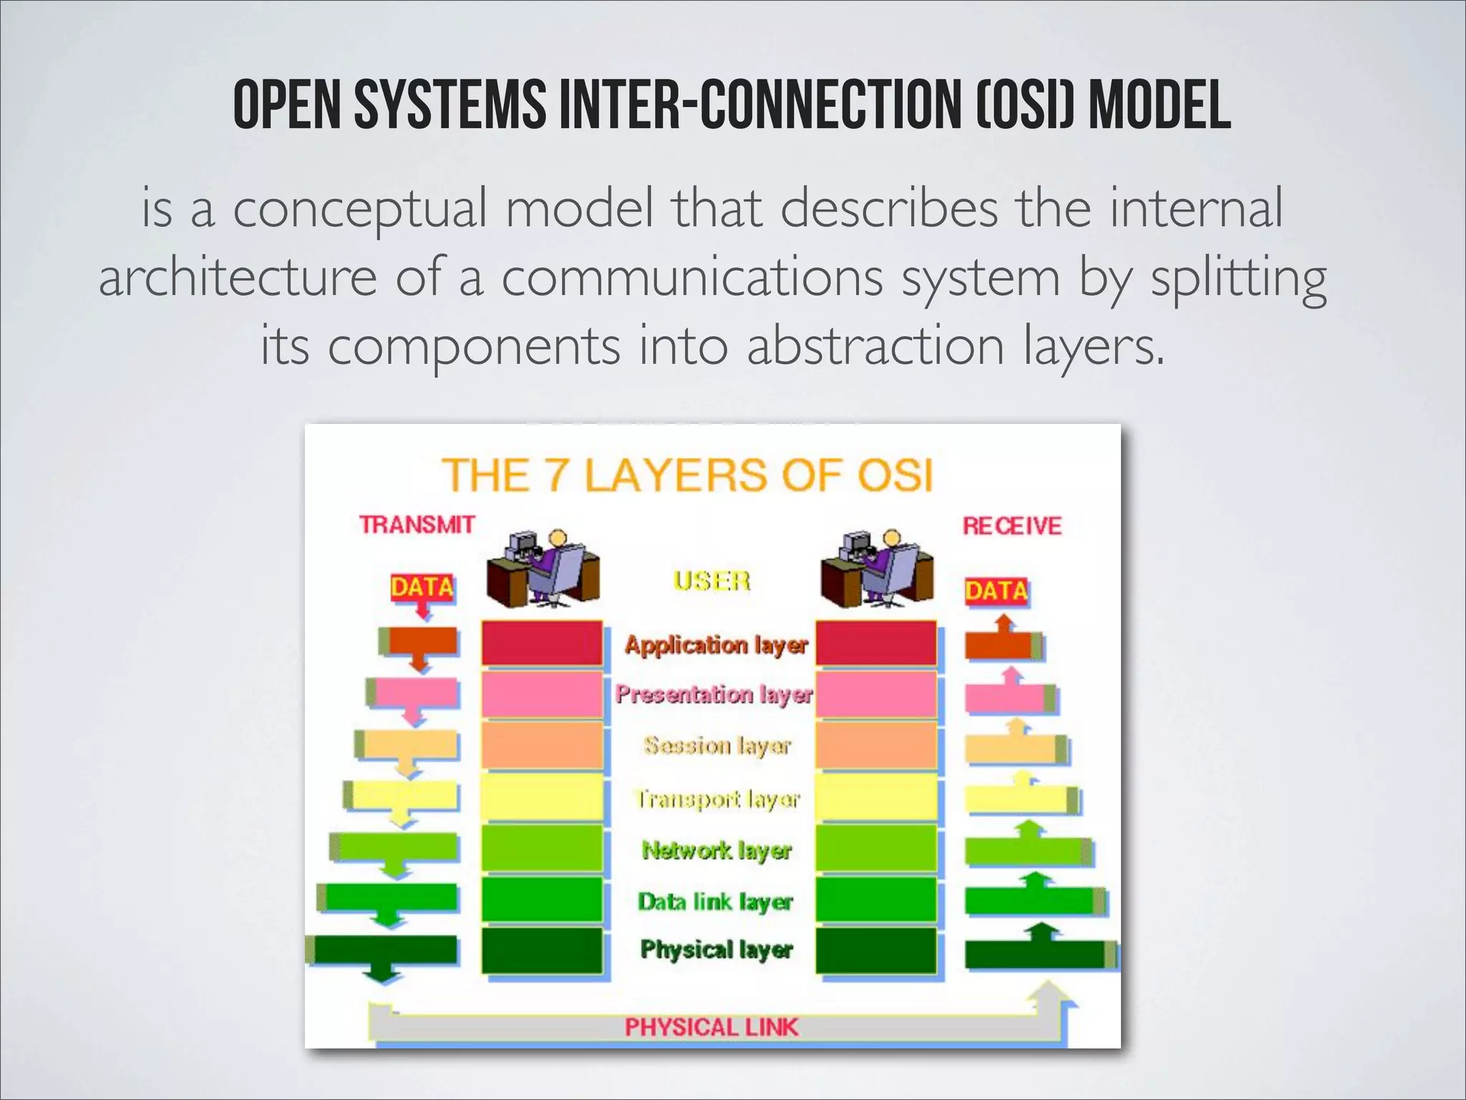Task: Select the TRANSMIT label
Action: tap(417, 525)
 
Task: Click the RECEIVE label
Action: tap(1011, 526)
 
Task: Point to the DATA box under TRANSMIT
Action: tap(422, 588)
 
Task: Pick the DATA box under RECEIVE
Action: tap(996, 591)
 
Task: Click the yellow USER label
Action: tap(712, 580)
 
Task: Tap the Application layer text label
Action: tap(716, 645)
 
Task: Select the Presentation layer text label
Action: tap(714, 694)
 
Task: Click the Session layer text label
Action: tap(717, 746)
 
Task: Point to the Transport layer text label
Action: tap(717, 799)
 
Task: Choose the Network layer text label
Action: tap(717, 850)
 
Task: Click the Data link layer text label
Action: tap(715, 902)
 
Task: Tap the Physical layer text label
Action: tap(717, 950)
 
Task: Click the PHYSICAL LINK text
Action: tap(711, 1027)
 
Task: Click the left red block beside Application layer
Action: tap(542, 643)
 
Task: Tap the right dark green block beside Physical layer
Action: tap(876, 950)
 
